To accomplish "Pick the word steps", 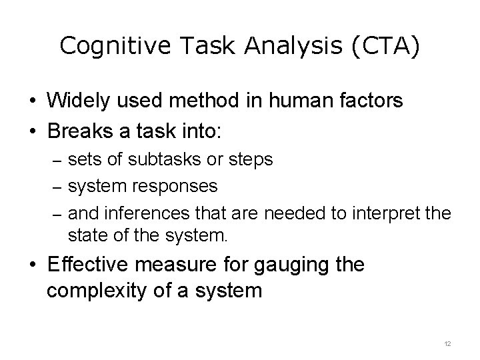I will [x=253, y=160].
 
